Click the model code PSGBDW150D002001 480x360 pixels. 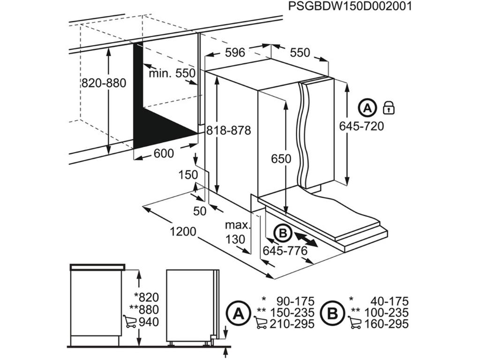point(350,7)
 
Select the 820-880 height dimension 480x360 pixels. point(104,83)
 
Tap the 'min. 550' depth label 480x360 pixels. point(172,74)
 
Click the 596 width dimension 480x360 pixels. point(235,52)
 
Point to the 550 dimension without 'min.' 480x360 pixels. point(300,52)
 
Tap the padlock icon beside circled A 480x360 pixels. point(389,108)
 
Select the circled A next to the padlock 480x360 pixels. point(367,108)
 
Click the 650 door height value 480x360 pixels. point(281,159)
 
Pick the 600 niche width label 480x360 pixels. point(164,153)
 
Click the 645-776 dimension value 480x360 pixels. point(285,251)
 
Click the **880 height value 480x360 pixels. point(146,309)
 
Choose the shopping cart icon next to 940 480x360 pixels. point(130,322)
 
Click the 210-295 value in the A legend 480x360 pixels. point(295,323)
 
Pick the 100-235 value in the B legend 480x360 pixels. point(389,312)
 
